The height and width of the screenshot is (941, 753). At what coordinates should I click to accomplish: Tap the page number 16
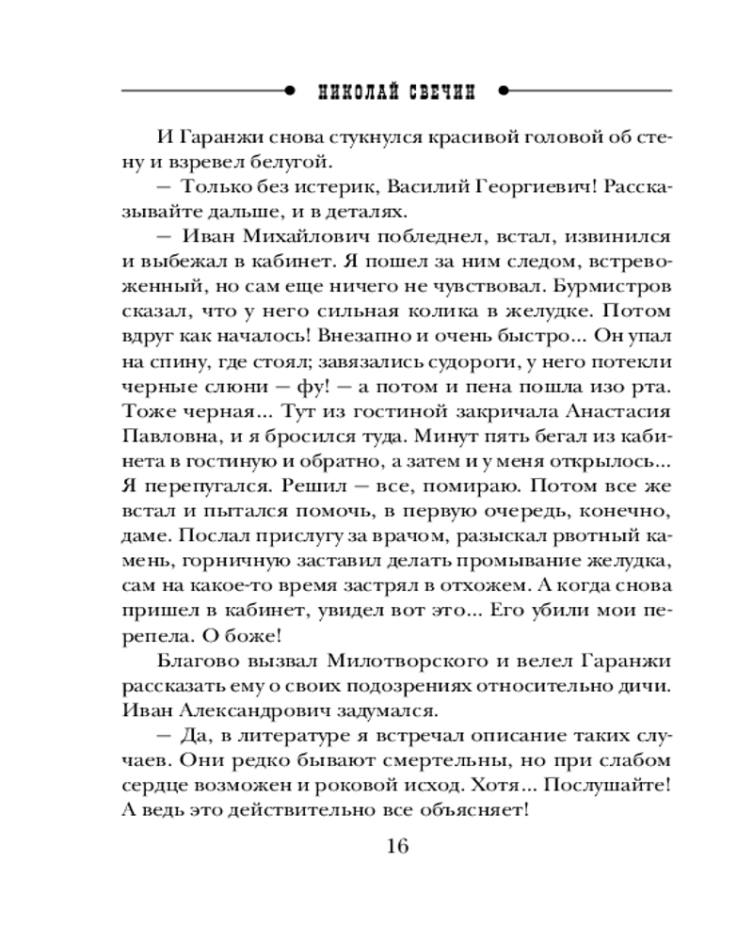pos(396,845)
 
